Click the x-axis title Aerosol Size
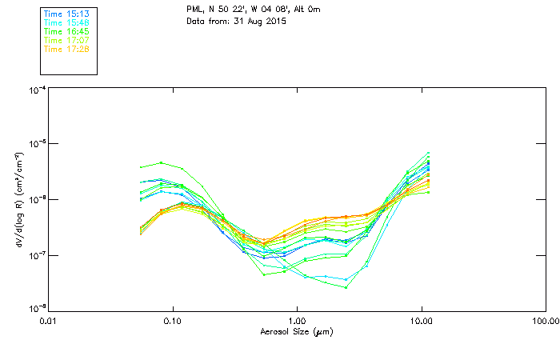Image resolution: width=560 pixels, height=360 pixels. [x=297, y=331]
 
